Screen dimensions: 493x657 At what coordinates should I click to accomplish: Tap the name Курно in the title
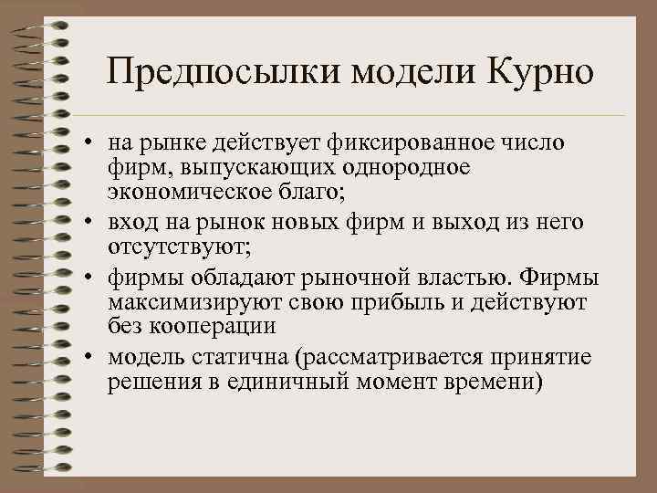pos(539,71)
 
